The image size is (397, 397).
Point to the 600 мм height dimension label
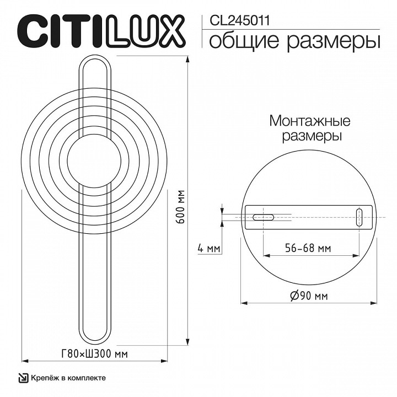point(180,206)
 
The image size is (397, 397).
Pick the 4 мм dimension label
point(209,249)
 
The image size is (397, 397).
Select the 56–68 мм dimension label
point(309,249)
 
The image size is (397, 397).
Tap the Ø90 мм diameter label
point(309,296)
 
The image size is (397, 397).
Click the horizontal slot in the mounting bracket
point(264,217)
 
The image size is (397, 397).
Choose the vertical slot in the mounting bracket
point(358,217)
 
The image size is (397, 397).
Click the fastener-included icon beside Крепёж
point(23,378)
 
